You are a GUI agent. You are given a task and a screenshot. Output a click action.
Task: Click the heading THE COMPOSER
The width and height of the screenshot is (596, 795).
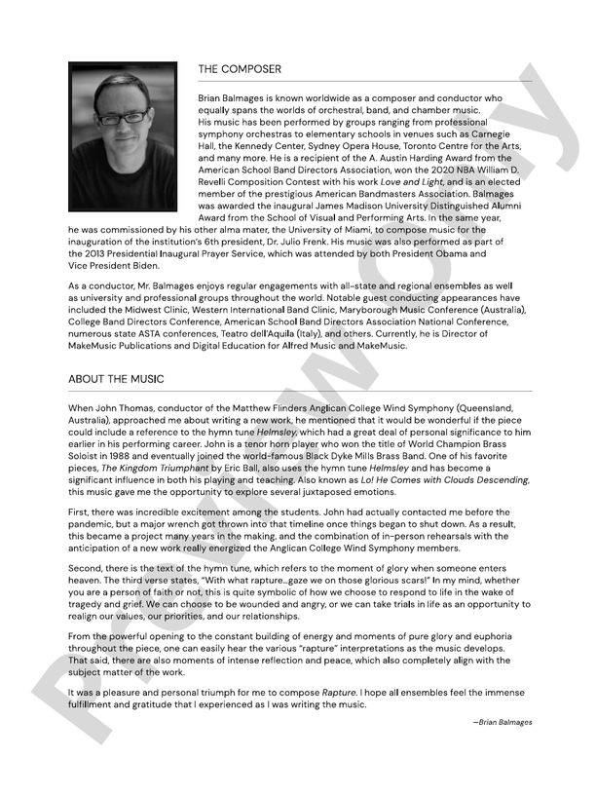pos(240,69)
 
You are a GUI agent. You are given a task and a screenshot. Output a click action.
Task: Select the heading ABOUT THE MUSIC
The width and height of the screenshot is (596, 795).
pos(116,378)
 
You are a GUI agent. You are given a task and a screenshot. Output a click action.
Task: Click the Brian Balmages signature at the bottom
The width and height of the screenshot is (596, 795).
pos(505,722)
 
